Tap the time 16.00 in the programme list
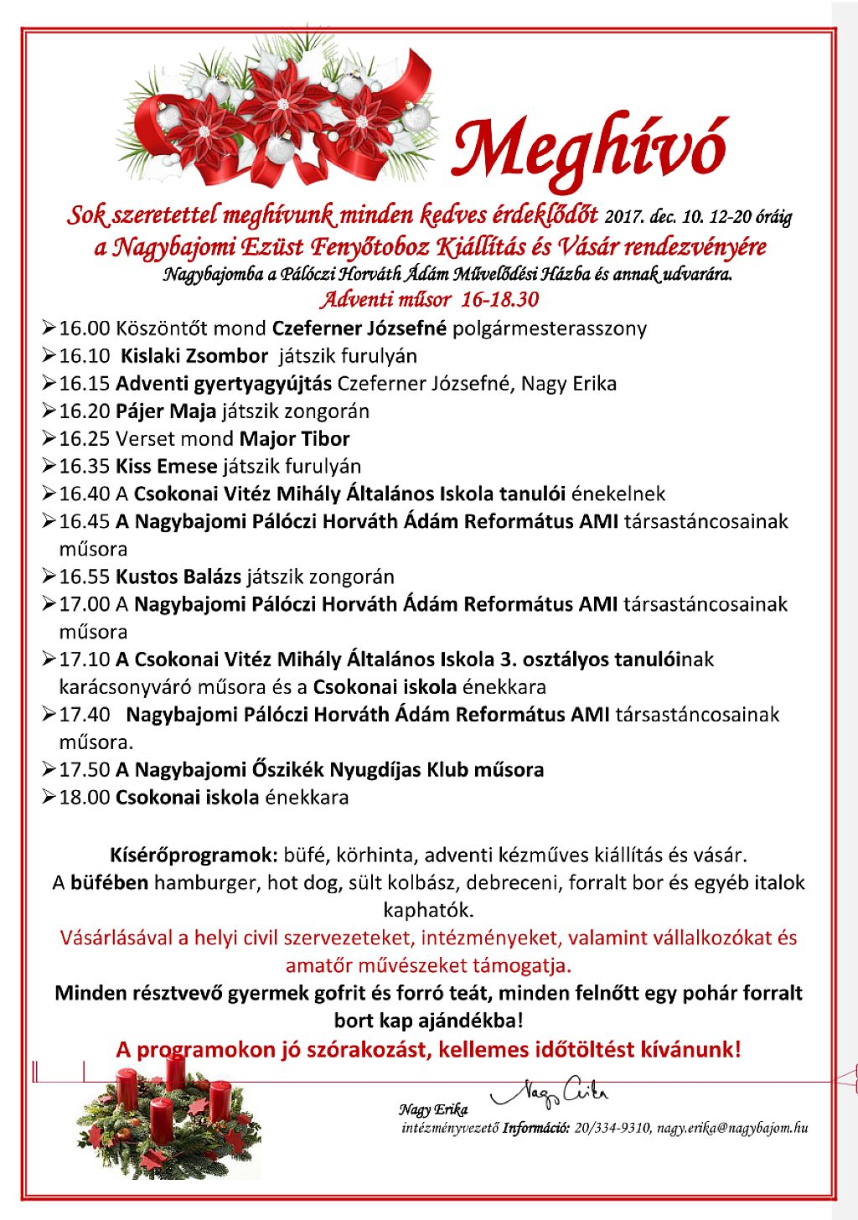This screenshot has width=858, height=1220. pos(84,328)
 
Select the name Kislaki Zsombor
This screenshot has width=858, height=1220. pos(194,356)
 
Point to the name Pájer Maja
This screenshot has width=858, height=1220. pos(166,411)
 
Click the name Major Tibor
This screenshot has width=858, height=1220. pos(294,439)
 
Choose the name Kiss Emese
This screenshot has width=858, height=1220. pos(166,467)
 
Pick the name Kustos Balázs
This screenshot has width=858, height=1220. pos(178,577)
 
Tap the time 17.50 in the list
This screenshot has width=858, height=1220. pos(84,770)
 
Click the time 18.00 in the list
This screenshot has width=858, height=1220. pos(84,798)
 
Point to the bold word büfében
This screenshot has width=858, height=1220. pos(110,883)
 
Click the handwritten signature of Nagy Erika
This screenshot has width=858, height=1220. pos(550,1092)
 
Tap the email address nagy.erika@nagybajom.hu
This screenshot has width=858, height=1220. pos(732,1128)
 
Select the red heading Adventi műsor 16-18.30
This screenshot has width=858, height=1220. pos(429,299)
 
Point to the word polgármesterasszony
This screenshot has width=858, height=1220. pos(550,328)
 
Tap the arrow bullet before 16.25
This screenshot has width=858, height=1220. pos(48,438)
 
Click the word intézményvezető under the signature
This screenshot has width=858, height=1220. pos(450,1128)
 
